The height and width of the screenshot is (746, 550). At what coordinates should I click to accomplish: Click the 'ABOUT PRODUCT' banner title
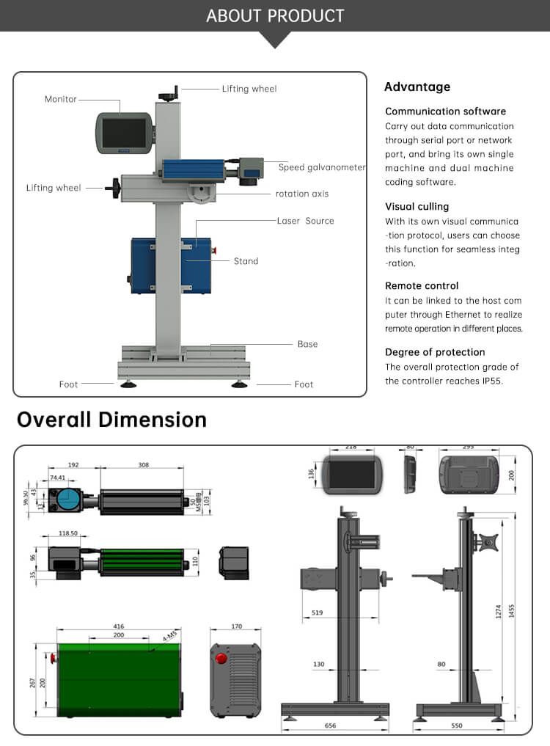click(x=275, y=15)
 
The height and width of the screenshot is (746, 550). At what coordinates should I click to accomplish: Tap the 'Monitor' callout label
click(x=60, y=99)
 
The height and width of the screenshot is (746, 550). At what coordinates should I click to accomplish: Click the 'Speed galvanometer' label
click(x=321, y=167)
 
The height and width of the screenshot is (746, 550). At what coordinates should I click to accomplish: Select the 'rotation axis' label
click(x=302, y=194)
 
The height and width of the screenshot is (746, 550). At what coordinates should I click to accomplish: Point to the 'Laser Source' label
click(x=305, y=221)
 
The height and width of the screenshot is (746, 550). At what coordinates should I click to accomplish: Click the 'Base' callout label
click(x=307, y=344)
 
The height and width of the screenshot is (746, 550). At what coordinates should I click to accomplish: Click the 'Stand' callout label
click(x=246, y=261)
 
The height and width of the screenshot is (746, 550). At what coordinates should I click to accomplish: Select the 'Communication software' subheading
click(x=445, y=111)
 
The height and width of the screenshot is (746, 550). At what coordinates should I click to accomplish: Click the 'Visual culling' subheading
click(x=417, y=207)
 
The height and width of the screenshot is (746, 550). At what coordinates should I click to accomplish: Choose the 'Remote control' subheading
click(x=422, y=286)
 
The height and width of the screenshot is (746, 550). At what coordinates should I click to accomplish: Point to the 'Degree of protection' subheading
click(x=435, y=352)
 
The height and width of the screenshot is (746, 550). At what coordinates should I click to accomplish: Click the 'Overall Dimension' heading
click(x=111, y=420)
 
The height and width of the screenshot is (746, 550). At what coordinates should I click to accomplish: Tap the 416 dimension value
click(x=119, y=626)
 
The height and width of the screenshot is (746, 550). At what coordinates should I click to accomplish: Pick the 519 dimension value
click(x=317, y=612)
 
